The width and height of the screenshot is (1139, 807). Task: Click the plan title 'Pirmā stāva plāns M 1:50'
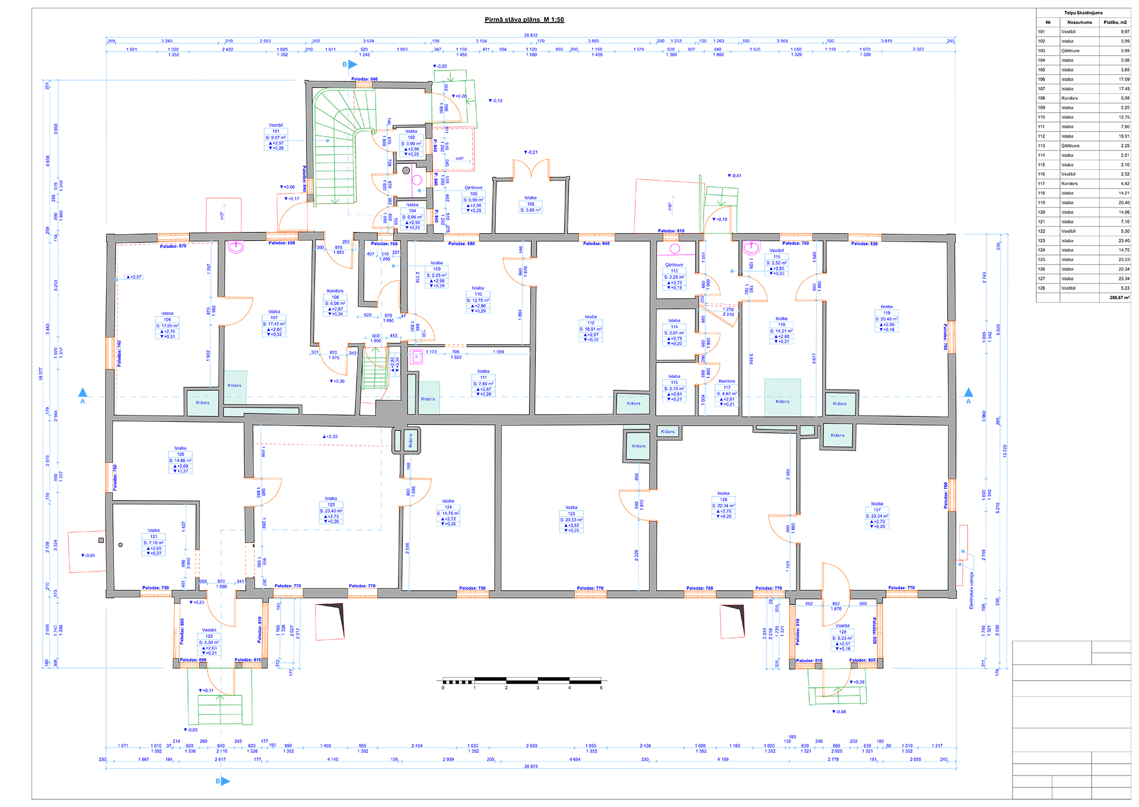524,20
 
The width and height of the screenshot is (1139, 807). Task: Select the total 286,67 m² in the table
1119,297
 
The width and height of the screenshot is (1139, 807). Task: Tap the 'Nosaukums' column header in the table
1079,22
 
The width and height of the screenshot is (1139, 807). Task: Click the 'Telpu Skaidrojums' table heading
1083,12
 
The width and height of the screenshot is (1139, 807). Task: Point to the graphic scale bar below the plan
521,681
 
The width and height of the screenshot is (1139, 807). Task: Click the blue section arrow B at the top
352,64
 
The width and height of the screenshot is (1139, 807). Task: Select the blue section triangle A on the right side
968,393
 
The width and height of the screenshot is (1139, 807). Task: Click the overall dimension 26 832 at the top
530,35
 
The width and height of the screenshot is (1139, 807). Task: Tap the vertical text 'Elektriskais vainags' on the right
971,590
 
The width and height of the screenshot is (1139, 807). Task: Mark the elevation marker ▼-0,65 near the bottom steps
190,730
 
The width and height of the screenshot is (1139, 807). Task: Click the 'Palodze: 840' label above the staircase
364,79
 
